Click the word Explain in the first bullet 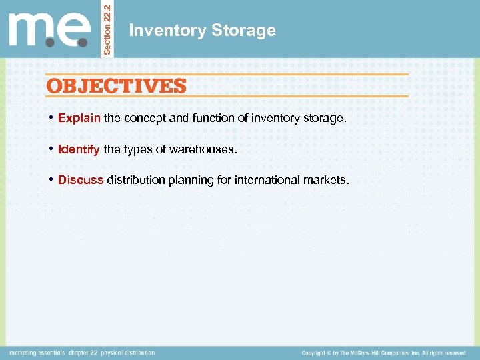click(x=79, y=118)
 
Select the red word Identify click(x=79, y=149)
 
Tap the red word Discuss click(x=81, y=180)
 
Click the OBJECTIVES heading click(x=116, y=86)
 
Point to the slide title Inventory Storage click(x=201, y=31)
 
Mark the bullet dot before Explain click(x=51, y=118)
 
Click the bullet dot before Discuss click(x=51, y=180)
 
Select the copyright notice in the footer click(x=383, y=353)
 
